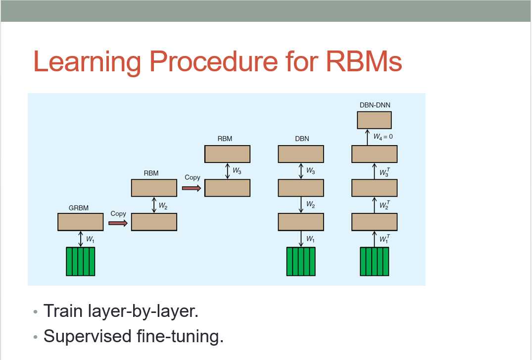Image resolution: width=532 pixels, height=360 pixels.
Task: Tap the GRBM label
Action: tap(79, 208)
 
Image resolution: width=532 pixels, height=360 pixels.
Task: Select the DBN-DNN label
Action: tap(374, 105)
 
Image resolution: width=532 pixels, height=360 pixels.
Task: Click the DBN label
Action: tap(301, 139)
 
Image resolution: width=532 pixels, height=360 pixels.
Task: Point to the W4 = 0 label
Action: tap(383, 136)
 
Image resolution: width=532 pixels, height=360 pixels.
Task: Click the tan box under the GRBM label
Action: tap(81, 222)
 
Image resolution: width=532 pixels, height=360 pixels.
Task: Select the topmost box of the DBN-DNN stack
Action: tap(374, 120)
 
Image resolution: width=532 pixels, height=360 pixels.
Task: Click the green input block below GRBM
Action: tap(80, 261)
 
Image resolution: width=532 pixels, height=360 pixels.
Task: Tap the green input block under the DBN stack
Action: tap(301, 261)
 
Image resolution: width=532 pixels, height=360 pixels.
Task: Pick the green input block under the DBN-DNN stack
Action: tap(374, 261)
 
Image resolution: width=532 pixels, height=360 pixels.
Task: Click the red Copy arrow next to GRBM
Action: tap(118, 223)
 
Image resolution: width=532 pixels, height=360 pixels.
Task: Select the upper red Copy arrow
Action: tap(192, 188)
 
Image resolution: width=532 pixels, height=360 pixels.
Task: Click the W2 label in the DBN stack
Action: tap(311, 205)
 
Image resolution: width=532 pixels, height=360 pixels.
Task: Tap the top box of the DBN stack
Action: tap(301, 154)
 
